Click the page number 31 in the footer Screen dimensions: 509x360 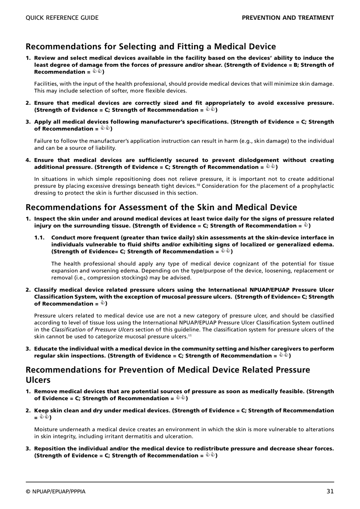[x=330, y=491]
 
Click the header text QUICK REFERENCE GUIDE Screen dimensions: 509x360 [x=62, y=18]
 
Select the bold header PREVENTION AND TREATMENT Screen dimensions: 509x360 [x=288, y=18]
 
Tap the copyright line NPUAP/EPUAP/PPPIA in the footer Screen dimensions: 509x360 [x=55, y=492]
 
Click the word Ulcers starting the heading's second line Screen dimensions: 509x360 [x=38, y=380]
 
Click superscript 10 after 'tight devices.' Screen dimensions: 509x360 [x=198, y=185]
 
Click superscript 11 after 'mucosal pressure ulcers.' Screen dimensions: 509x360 [x=190, y=335]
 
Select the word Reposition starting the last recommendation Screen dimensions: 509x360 [x=50, y=449]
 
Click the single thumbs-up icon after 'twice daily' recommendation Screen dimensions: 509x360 [x=305, y=225]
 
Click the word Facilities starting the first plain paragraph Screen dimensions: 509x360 [x=46, y=84]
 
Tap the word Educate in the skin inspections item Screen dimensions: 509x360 [x=45, y=349]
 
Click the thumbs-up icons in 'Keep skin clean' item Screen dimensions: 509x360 [x=44, y=417]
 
